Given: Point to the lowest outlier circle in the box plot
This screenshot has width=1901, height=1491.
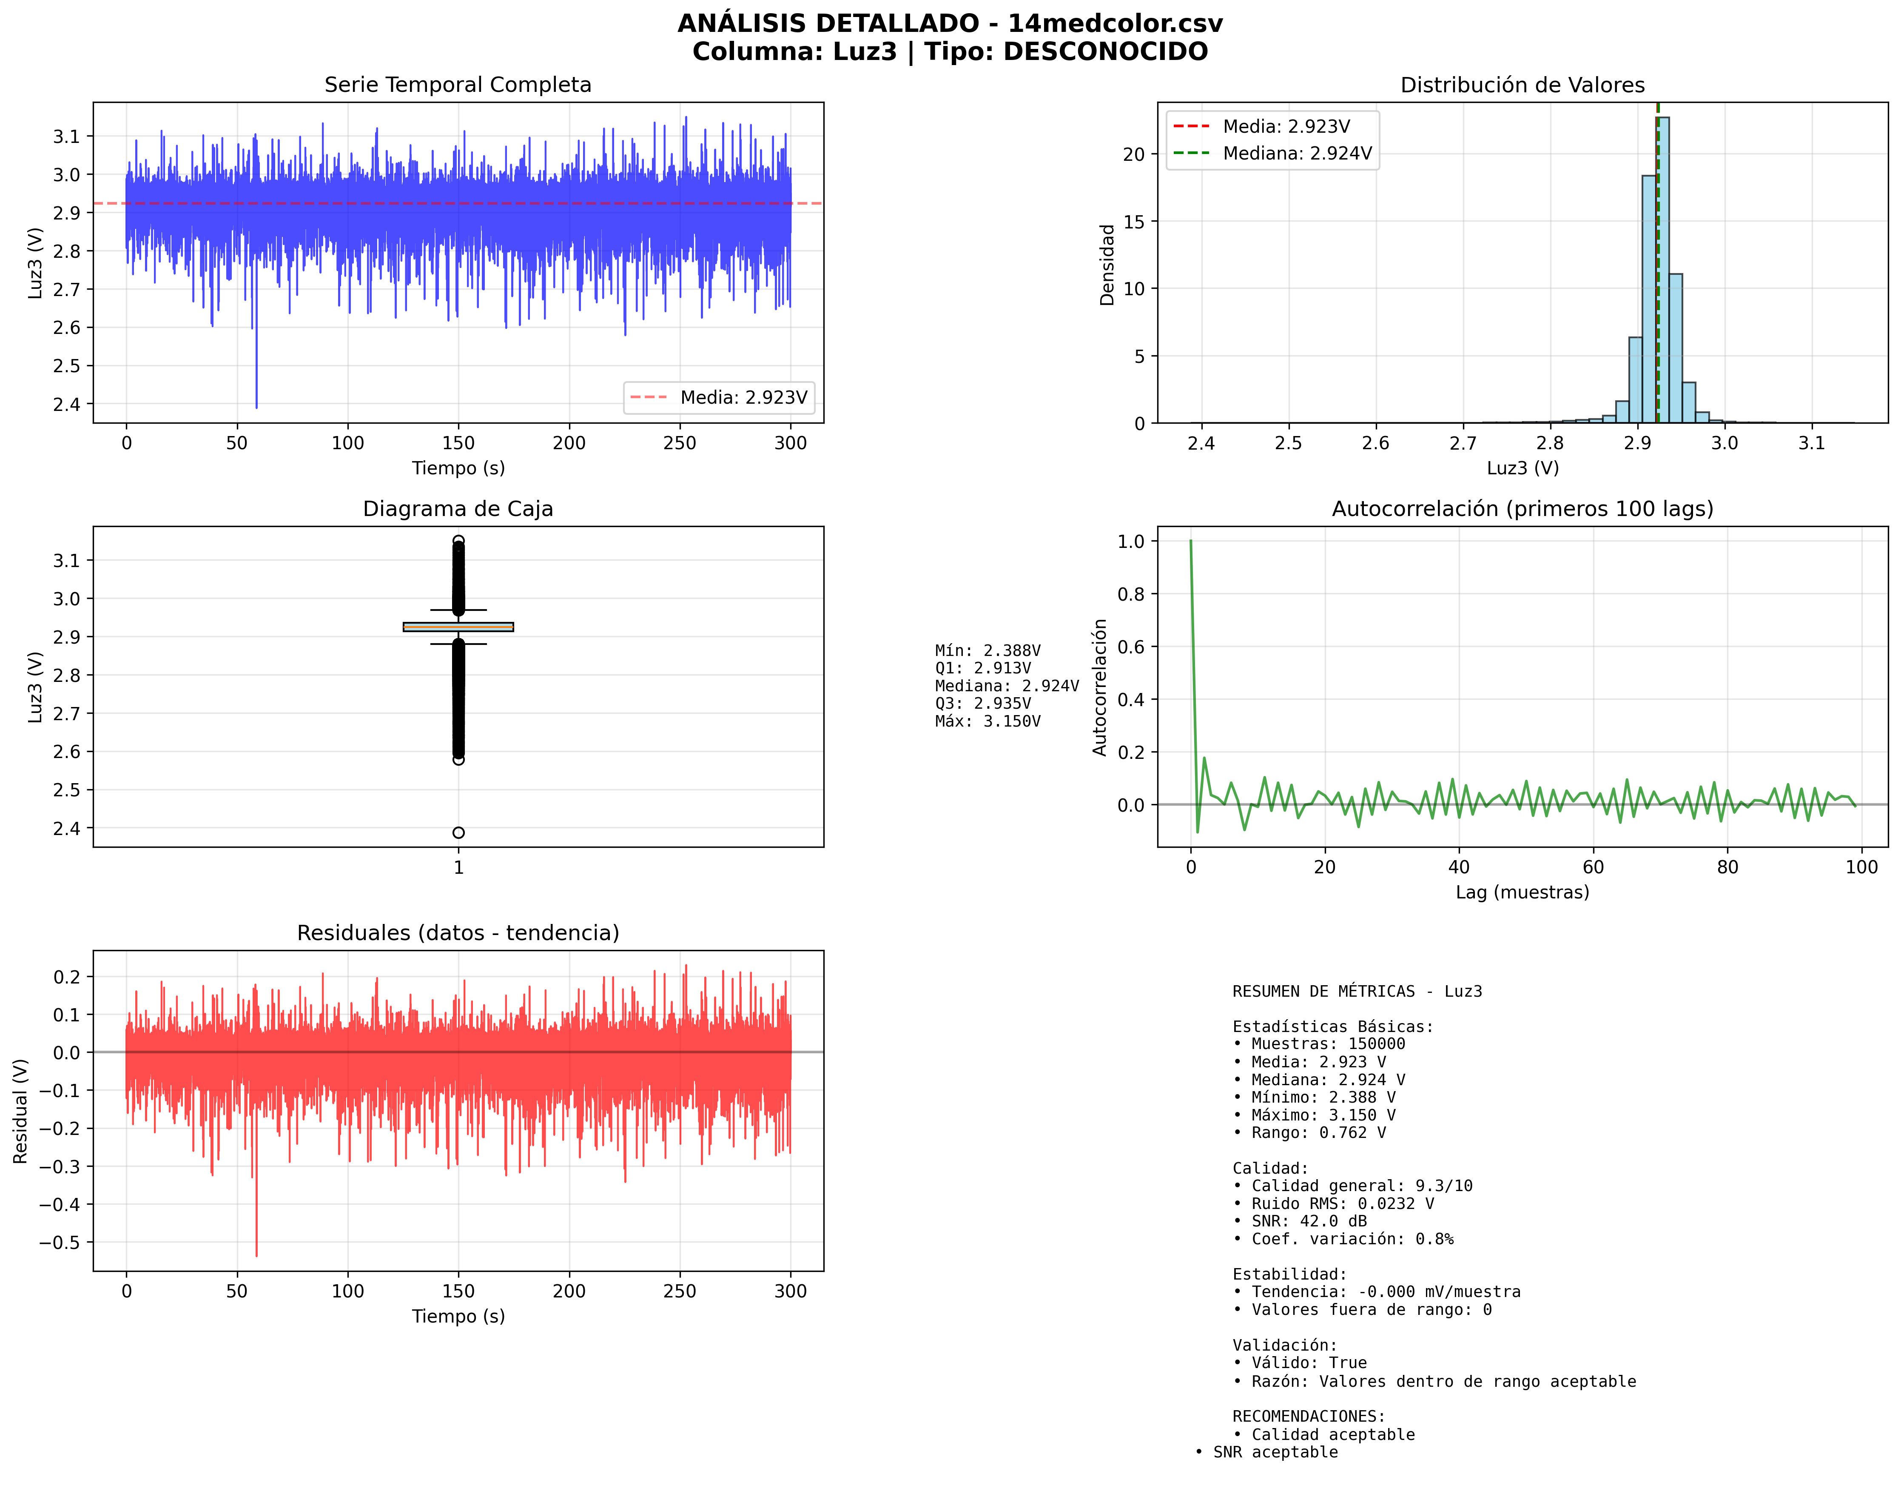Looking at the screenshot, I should pyautogui.click(x=458, y=832).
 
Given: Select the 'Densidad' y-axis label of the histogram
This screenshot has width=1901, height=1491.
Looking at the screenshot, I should pyautogui.click(x=1107, y=265).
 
